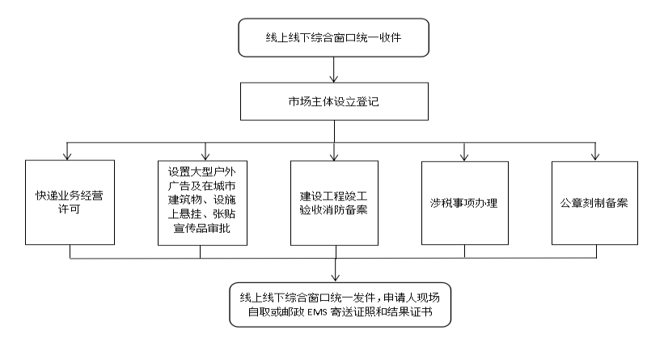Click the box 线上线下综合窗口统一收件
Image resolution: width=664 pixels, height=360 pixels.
point(334,38)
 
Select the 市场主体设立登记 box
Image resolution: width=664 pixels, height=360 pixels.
point(335,102)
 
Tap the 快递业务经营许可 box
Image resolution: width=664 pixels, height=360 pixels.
point(70,202)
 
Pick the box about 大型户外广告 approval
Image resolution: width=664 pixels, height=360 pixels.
point(202,203)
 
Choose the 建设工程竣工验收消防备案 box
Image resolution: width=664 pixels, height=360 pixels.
point(334,203)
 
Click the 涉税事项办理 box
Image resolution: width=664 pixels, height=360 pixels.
point(465,203)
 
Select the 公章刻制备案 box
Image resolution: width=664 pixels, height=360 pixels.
point(594,203)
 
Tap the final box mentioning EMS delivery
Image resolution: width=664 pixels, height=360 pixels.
point(340,305)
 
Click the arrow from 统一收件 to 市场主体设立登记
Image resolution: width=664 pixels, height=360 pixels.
point(334,70)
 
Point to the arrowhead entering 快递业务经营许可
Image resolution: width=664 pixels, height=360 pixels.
point(67,156)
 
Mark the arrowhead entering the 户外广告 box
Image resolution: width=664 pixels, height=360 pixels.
point(205,156)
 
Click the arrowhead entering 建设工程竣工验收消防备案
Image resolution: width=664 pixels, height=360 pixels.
point(334,156)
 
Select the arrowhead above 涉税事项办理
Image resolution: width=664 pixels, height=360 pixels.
point(464,157)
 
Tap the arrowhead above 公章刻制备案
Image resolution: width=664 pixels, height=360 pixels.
point(595,156)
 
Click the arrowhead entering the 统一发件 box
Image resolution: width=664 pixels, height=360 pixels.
point(336,277)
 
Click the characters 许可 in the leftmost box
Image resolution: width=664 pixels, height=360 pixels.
point(69,210)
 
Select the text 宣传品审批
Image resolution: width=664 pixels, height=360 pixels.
point(202,228)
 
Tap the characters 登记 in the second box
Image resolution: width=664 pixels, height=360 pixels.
point(367,102)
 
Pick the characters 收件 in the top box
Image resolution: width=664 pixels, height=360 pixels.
point(391,38)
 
